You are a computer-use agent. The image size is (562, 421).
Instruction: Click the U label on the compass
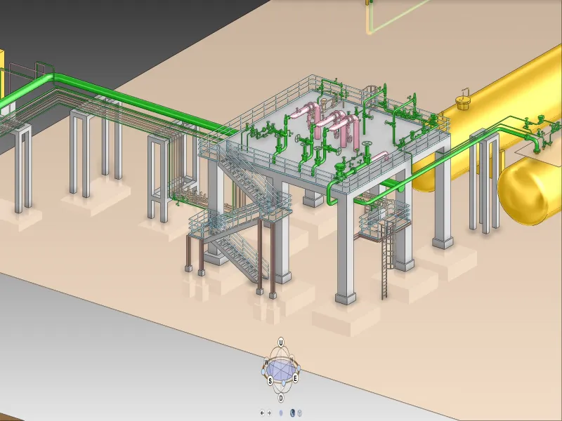[x=281, y=342]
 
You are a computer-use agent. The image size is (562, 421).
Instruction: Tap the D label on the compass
[x=281, y=397]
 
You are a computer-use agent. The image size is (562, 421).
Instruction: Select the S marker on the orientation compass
[x=270, y=380]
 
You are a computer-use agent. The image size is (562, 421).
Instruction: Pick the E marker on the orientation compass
[x=295, y=378]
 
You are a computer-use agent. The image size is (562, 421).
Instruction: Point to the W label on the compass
[x=267, y=362]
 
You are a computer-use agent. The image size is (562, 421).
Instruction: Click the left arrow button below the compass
[x=262, y=413]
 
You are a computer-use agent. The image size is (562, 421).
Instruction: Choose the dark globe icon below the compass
[x=292, y=413]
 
